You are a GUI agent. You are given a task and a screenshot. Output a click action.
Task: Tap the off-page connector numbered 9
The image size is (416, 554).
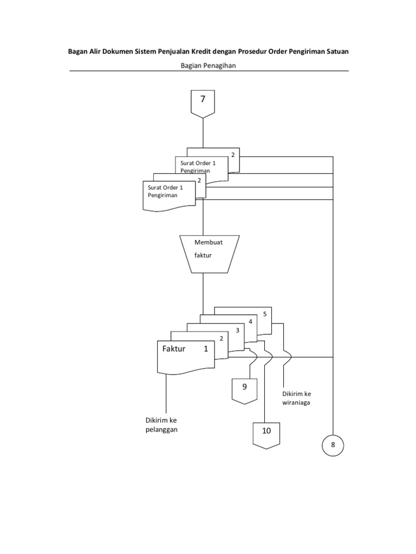pos(244,391)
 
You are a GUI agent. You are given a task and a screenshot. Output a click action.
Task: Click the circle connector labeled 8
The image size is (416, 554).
pos(333,445)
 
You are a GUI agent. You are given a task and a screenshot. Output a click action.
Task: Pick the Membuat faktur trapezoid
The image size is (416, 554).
pos(210,254)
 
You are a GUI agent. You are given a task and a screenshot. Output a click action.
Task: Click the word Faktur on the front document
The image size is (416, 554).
pos(174,349)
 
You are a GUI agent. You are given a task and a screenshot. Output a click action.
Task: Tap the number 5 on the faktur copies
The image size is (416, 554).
pos(264,314)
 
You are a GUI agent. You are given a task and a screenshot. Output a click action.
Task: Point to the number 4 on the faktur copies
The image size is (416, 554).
pos(250,321)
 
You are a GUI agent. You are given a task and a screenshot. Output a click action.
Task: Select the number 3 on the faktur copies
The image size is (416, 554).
pos(237,330)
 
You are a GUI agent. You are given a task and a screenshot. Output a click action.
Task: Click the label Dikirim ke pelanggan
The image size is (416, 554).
pos(161,425)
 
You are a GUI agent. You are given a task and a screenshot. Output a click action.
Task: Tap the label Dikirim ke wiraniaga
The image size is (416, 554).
pos(296,398)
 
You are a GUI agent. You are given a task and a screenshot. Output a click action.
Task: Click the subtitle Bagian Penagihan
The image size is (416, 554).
pos(208,65)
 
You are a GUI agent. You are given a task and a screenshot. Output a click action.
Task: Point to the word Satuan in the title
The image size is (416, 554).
pos(338,51)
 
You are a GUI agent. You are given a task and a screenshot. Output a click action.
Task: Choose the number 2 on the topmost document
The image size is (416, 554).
pos(233,155)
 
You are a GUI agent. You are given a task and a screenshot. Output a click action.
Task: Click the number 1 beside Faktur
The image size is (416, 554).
pos(206,349)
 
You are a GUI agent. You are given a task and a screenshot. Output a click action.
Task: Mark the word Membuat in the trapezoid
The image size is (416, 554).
pos(209,242)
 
